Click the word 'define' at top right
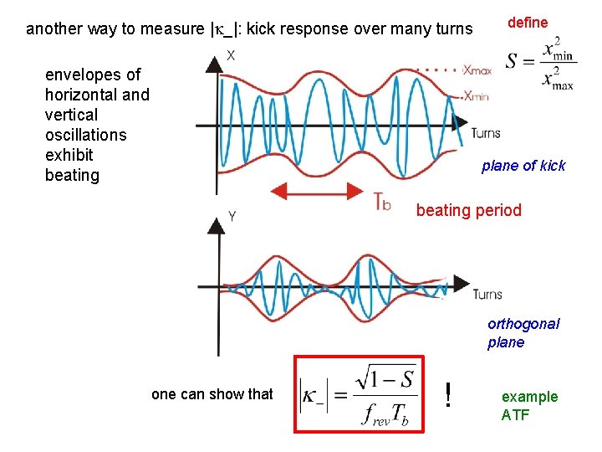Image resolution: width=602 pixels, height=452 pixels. (528, 23)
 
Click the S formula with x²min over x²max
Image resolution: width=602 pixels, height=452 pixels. (539, 63)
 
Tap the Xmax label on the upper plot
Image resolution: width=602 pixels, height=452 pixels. (477, 70)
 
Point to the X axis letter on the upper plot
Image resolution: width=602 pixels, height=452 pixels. (231, 55)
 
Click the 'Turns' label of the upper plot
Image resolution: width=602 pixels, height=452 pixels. (486, 133)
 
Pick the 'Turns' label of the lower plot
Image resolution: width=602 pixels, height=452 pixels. (487, 294)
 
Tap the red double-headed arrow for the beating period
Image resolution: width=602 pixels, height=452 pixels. (319, 193)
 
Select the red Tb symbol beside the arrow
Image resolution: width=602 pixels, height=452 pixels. (381, 202)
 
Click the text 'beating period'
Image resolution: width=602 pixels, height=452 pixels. (468, 210)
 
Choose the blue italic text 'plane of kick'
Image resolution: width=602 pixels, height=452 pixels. (523, 166)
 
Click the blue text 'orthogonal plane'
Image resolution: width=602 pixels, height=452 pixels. (523, 333)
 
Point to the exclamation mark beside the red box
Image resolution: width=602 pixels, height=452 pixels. (449, 394)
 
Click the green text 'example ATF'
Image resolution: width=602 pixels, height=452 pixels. (529, 405)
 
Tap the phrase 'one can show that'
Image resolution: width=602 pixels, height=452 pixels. (212, 393)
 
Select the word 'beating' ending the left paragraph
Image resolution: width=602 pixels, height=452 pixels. (72, 175)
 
